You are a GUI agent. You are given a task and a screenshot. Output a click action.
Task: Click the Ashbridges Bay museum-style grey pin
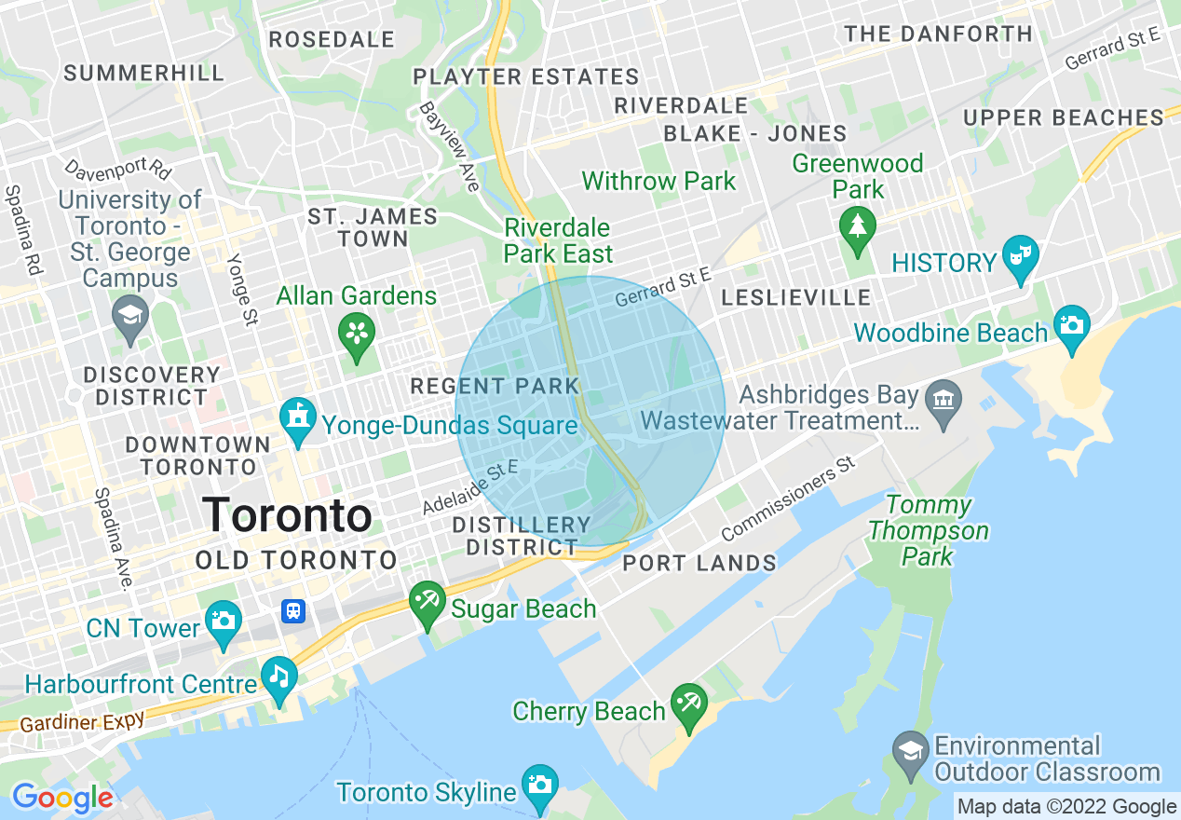[943, 403]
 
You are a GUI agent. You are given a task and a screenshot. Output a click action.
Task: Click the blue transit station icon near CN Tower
[293, 611]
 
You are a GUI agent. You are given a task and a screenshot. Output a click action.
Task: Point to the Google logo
[62, 799]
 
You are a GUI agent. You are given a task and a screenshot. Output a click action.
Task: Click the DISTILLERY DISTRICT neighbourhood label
[522, 536]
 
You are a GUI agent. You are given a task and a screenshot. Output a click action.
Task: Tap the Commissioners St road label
[788, 499]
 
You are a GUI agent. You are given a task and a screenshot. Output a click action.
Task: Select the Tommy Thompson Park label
[928, 531]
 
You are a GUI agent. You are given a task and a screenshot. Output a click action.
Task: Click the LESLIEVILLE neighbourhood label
[796, 298]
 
